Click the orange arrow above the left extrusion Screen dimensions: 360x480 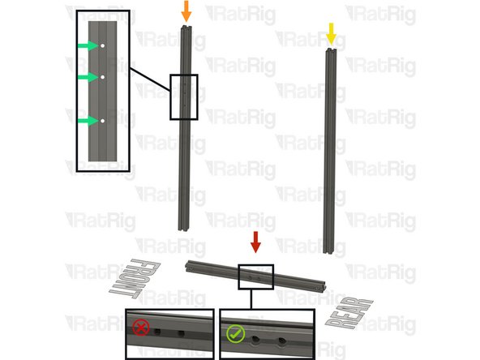coord(186,11)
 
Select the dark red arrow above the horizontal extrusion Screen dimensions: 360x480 coord(255,241)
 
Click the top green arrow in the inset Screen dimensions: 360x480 coord(88,46)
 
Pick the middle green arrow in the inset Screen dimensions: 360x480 coord(88,77)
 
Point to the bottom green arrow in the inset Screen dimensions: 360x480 coord(88,121)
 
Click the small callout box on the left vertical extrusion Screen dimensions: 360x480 coord(183,96)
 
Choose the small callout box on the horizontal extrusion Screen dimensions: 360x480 coord(255,276)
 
